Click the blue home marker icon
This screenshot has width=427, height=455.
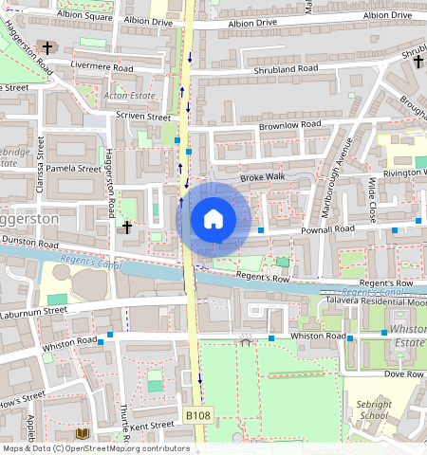(213, 220)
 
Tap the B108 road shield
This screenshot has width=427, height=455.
(197, 416)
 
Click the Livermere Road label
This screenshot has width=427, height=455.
(102, 67)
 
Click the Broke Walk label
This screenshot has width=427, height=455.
(262, 177)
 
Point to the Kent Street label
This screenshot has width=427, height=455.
(152, 426)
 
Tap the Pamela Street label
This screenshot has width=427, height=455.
(73, 169)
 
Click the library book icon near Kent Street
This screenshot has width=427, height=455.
(82, 434)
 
